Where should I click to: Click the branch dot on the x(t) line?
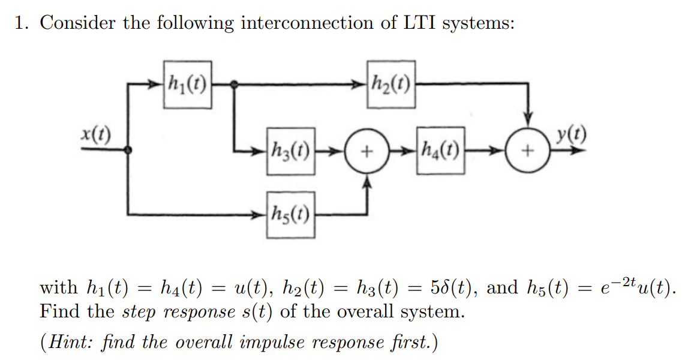(x=127, y=151)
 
